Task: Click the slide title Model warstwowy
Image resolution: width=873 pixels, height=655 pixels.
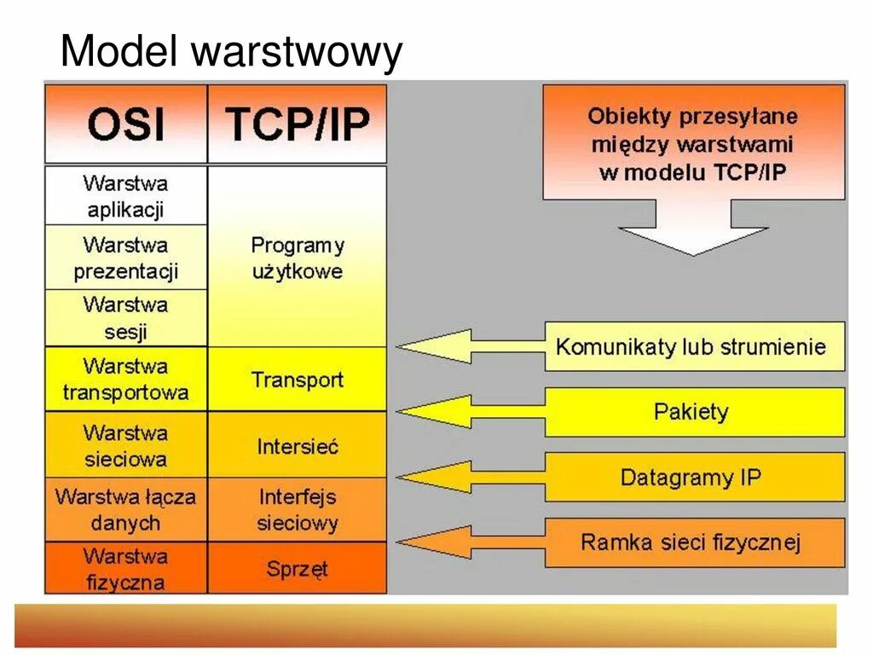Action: coord(230,53)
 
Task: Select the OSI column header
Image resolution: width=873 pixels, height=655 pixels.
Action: coord(126,125)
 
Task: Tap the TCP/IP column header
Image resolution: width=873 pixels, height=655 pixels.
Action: coord(298,125)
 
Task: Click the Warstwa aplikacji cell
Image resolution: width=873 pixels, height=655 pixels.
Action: coord(126,196)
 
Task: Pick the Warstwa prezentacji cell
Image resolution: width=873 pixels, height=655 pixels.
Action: coord(126,258)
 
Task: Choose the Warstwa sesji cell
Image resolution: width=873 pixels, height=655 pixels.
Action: coord(126,318)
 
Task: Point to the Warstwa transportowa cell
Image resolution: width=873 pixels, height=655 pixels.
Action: coord(126,380)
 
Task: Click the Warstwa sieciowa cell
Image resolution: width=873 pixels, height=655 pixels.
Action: coord(126,445)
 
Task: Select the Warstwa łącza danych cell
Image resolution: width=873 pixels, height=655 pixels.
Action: coord(126,509)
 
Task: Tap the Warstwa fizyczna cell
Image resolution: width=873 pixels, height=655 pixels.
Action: coord(126,569)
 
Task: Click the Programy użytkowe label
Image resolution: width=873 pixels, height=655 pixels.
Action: coord(298,258)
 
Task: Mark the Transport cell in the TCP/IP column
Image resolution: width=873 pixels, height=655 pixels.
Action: coord(298,380)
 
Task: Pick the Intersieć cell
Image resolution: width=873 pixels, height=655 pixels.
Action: coord(298,445)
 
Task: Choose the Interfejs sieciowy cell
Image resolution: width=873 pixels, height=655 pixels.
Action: coord(298,509)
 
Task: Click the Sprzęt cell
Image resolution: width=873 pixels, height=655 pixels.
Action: coord(298,569)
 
